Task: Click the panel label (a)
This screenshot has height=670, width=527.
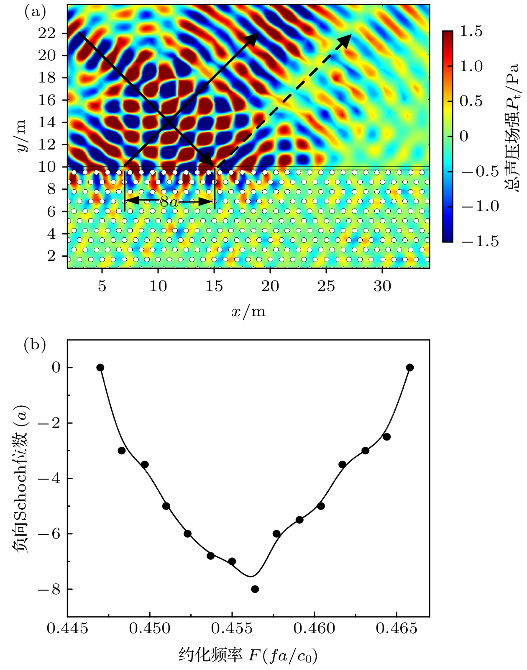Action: point(35,12)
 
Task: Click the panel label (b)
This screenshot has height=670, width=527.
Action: point(35,345)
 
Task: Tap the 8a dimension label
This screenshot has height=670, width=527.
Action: point(169,202)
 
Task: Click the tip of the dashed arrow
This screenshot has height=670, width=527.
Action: point(350,36)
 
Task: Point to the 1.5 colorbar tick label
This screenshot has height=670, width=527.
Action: point(471,31)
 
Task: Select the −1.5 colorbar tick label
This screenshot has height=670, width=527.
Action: point(480,242)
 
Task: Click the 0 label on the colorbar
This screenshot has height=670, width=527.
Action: point(464,136)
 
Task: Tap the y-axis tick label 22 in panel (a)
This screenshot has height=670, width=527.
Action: point(47,33)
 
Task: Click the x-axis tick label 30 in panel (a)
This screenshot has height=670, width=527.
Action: point(382,286)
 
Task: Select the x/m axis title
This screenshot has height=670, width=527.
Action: point(248,312)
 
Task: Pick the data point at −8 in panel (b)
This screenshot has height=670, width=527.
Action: point(255,589)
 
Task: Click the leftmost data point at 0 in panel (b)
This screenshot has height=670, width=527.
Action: point(100,368)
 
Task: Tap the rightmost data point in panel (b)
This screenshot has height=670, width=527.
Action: point(410,368)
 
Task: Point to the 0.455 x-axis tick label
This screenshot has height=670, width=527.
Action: point(232,629)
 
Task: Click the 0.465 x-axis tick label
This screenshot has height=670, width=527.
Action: point(397,629)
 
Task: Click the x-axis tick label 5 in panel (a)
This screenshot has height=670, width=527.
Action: point(102,286)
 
